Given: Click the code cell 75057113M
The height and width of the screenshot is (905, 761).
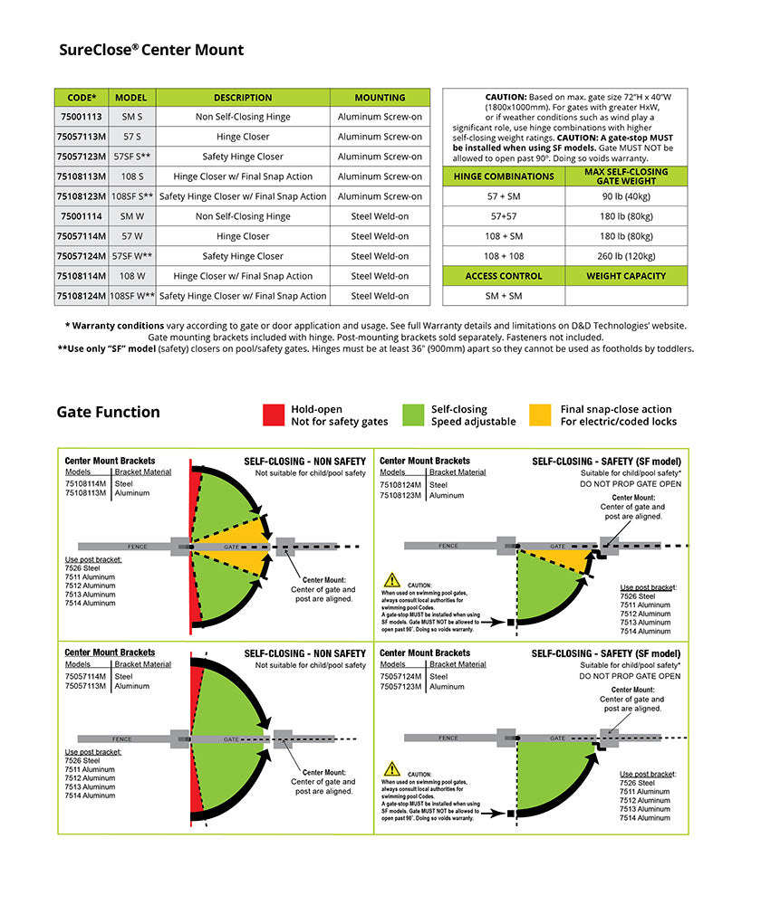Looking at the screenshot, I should (x=82, y=137).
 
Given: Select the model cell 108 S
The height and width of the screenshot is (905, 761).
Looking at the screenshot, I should (x=132, y=176).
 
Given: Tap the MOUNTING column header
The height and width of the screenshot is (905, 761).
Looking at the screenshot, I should (x=380, y=98).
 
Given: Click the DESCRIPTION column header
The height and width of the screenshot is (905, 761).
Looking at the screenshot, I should (x=242, y=98).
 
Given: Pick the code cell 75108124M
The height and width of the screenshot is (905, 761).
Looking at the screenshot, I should (x=82, y=296).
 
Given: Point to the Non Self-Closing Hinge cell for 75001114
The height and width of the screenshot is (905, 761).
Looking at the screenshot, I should (x=242, y=216).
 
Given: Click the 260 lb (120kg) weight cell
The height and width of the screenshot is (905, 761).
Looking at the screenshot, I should (x=626, y=256).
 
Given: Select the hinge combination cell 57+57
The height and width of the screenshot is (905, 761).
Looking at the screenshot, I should (x=503, y=216).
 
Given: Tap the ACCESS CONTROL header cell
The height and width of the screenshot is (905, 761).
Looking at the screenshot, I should (x=503, y=276).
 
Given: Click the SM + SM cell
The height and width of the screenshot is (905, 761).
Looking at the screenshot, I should (x=503, y=296).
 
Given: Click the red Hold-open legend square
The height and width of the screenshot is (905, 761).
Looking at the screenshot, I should (x=274, y=414).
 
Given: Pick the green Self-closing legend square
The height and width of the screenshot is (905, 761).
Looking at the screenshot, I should (x=413, y=414).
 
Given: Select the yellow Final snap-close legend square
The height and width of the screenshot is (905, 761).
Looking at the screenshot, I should (x=540, y=414).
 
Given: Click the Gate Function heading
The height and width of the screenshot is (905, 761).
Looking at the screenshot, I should (x=108, y=413).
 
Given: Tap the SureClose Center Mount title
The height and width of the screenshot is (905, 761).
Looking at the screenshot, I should (x=151, y=51).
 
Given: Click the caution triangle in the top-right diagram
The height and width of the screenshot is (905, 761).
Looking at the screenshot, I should (x=391, y=580).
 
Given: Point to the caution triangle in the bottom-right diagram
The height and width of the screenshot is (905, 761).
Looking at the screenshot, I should (x=391, y=768).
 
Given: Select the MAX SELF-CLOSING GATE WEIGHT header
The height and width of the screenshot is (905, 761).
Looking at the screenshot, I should (x=626, y=176).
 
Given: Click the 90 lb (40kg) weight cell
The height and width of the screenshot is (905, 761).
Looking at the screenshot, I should (x=626, y=196).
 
